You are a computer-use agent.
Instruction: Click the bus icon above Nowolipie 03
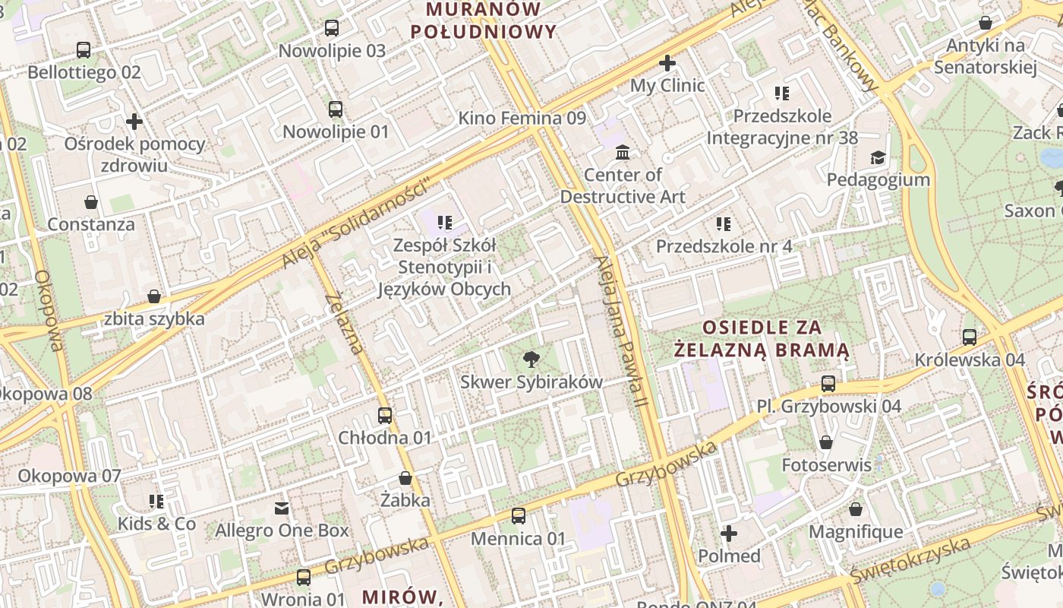pos(332,28)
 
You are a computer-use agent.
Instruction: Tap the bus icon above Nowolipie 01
pos(336,109)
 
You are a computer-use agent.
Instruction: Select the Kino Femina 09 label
pos(522,118)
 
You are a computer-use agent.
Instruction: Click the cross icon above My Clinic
pos(667,62)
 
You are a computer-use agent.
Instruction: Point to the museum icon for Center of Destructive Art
pos(623,153)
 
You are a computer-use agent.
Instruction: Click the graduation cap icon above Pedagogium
pos(878,157)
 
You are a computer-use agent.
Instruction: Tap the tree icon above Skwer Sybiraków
pos(531,359)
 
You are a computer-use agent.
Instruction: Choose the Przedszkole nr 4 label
pos(724,246)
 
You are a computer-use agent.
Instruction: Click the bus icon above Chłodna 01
pos(385,416)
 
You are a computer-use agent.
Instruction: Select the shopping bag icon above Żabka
pos(405,478)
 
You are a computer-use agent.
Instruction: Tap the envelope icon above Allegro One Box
pos(282,508)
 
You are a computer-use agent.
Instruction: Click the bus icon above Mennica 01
pos(519,516)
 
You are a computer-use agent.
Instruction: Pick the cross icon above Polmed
pos(729,534)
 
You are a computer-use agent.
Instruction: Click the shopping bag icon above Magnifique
pos(856,509)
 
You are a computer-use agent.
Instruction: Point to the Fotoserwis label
pos(826,464)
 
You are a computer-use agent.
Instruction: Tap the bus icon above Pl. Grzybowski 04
pos(828,384)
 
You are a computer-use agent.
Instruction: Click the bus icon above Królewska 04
pos(970,337)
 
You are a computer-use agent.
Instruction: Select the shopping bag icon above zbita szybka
pos(154,296)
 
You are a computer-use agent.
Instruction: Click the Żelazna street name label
pos(344,323)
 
